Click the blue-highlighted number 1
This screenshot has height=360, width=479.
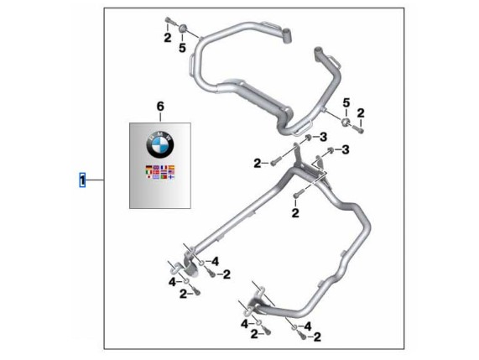(x=82, y=180)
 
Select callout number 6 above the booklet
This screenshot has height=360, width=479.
(x=160, y=107)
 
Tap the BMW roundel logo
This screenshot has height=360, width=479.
(x=160, y=144)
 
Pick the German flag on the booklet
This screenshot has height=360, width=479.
(x=148, y=168)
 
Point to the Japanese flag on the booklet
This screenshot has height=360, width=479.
(x=148, y=176)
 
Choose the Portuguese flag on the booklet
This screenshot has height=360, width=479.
(x=164, y=176)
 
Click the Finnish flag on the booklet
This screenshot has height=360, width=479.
(x=171, y=176)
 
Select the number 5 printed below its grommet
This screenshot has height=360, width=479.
(x=182, y=48)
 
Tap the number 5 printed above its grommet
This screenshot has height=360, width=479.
(x=346, y=103)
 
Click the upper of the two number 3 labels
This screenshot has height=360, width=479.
(x=324, y=138)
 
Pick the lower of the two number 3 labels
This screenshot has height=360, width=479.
(x=346, y=149)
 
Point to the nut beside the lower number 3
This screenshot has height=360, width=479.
(x=331, y=149)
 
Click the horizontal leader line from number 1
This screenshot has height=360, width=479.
(x=95, y=180)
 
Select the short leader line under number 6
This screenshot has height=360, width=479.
(x=160, y=117)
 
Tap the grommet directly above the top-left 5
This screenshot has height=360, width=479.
(x=182, y=29)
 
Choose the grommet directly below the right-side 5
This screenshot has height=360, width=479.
(x=346, y=122)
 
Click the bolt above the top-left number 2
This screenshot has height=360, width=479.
(x=169, y=21)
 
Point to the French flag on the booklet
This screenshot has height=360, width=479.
(x=164, y=168)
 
